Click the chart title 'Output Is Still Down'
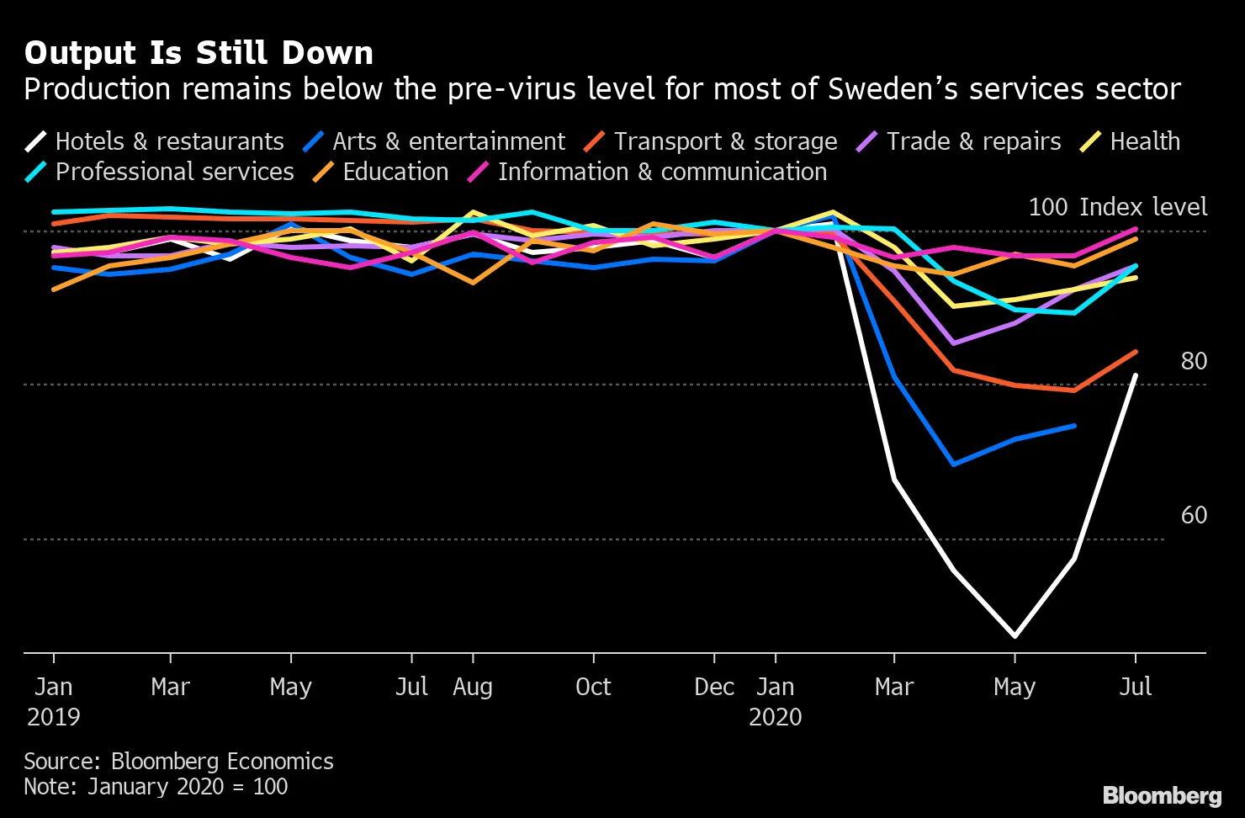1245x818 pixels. pyautogui.click(x=199, y=53)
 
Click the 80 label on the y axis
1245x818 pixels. pyautogui.click(x=1193, y=361)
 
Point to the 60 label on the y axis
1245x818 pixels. pyautogui.click(x=1193, y=515)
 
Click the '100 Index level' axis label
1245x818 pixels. pyautogui.click(x=1117, y=207)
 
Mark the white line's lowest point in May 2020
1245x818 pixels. pyautogui.click(x=1015, y=636)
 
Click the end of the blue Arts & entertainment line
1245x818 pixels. pyautogui.click(x=1074, y=426)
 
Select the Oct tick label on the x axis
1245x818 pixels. pyautogui.click(x=593, y=687)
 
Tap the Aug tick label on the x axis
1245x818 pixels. pyautogui.click(x=472, y=687)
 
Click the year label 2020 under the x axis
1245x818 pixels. pyautogui.click(x=775, y=717)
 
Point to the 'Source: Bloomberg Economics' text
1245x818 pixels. pyautogui.click(x=178, y=762)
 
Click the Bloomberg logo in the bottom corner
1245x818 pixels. pyautogui.click(x=1162, y=795)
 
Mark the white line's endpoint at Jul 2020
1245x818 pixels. pyautogui.click(x=1136, y=375)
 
